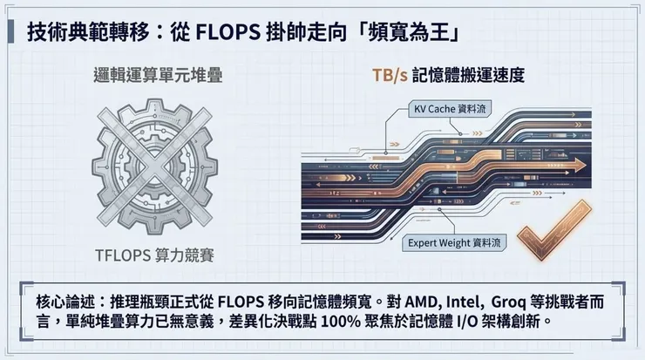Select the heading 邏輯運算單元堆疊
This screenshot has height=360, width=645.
pyautogui.click(x=158, y=76)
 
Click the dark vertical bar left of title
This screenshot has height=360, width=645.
pyautogui.click(x=14, y=33)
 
